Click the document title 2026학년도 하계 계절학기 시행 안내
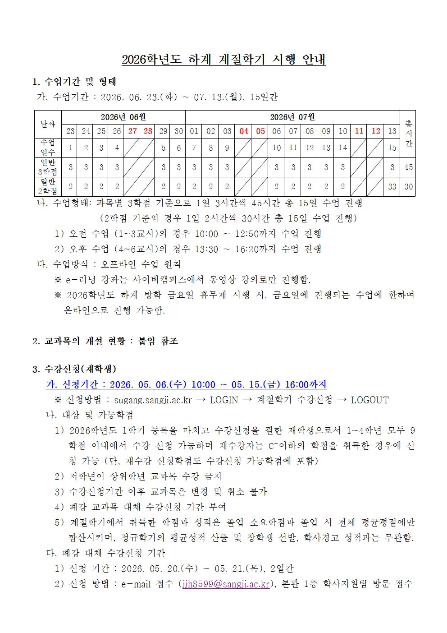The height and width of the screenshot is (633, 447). click(x=223, y=59)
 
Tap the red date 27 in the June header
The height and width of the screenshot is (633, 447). click(x=132, y=131)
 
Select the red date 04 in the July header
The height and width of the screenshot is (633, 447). click(x=244, y=131)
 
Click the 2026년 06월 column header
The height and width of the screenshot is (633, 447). click(x=123, y=117)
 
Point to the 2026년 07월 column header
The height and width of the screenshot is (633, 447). click(x=292, y=117)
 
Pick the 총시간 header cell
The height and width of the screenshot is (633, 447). click(x=408, y=134)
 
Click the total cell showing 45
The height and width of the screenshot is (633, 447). click(x=408, y=167)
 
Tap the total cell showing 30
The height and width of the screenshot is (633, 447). click(x=408, y=187)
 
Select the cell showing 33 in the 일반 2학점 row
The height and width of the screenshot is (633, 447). click(x=392, y=187)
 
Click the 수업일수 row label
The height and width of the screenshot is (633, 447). click(x=48, y=148)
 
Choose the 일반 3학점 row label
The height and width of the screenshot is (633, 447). click(x=48, y=167)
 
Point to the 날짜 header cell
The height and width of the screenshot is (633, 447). click(x=48, y=124)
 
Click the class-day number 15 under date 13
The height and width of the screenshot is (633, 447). click(x=392, y=148)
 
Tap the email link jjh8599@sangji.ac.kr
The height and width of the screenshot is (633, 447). click(x=226, y=584)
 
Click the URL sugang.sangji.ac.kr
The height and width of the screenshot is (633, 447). click(x=153, y=400)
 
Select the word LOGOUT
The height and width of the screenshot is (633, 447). click(x=369, y=400)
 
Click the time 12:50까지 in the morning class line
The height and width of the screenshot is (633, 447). click(x=250, y=234)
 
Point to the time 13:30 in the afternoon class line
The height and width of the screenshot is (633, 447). click(x=206, y=250)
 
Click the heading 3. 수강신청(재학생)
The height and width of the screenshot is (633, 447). click(x=74, y=369)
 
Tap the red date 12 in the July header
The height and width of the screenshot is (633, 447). click(x=376, y=131)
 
